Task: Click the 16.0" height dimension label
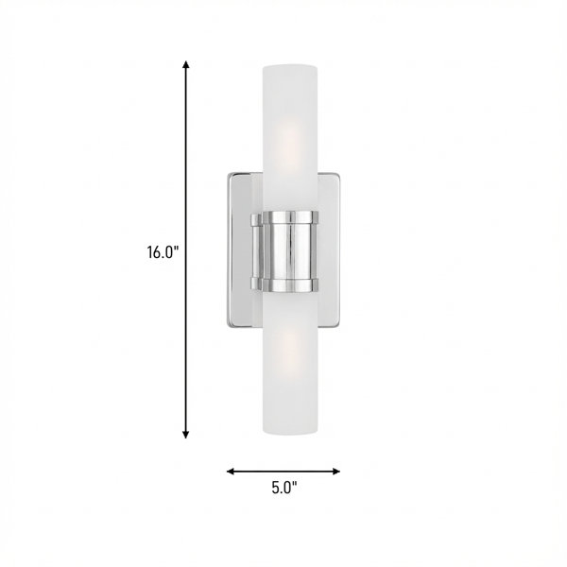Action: coord(163,252)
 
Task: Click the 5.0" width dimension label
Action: coord(284,488)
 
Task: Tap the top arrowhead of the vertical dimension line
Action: coord(186,64)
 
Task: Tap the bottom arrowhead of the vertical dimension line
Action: coord(186,435)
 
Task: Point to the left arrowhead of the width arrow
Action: coord(231,472)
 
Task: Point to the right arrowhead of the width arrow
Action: coord(335,472)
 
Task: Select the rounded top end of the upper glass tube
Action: coord(290,68)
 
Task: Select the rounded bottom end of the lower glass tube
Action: coord(290,431)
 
